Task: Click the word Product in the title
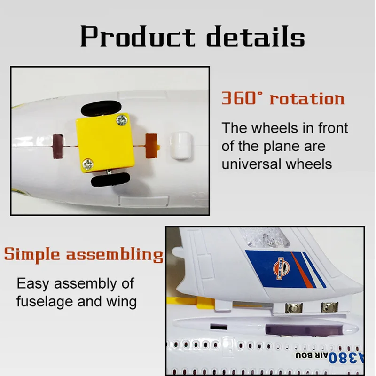[x=138, y=36]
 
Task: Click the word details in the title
[x=256, y=36]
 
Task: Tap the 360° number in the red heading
[x=242, y=98]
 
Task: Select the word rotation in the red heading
[x=307, y=99]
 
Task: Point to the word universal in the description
[x=251, y=164]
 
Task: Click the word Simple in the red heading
[x=32, y=255]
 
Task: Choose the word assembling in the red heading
[x=115, y=255]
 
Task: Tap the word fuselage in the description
[x=44, y=301]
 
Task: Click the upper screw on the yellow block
[x=122, y=120]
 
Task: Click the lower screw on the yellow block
[x=88, y=164]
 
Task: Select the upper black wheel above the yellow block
[x=101, y=108]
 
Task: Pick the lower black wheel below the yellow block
[x=110, y=180]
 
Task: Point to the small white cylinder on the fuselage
[x=181, y=145]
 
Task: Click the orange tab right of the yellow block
[x=152, y=146]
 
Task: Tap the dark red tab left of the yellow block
[x=58, y=146]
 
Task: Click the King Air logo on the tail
[x=281, y=268]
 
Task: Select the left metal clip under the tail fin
[x=293, y=308]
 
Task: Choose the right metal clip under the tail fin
[x=330, y=307]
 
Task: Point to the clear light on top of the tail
[x=266, y=238]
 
